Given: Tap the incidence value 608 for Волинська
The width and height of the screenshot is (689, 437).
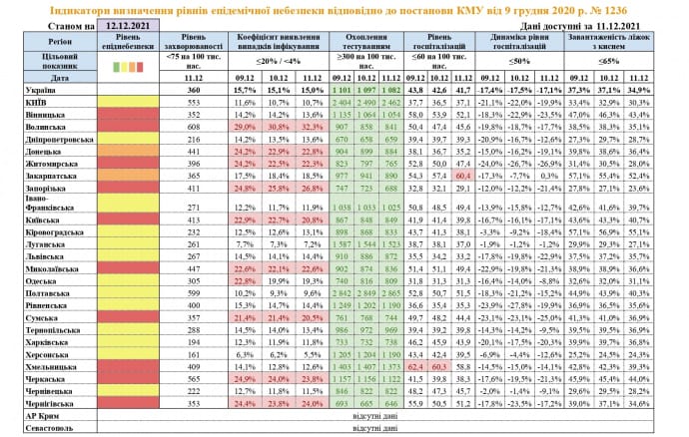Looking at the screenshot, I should coord(194,127).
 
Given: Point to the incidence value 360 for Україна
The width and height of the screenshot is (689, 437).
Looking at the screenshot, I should coord(194,90).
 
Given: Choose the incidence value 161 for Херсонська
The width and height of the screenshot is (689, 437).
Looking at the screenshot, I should coord(194,354).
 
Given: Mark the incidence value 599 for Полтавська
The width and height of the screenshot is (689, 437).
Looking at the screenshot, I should coord(194,294).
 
